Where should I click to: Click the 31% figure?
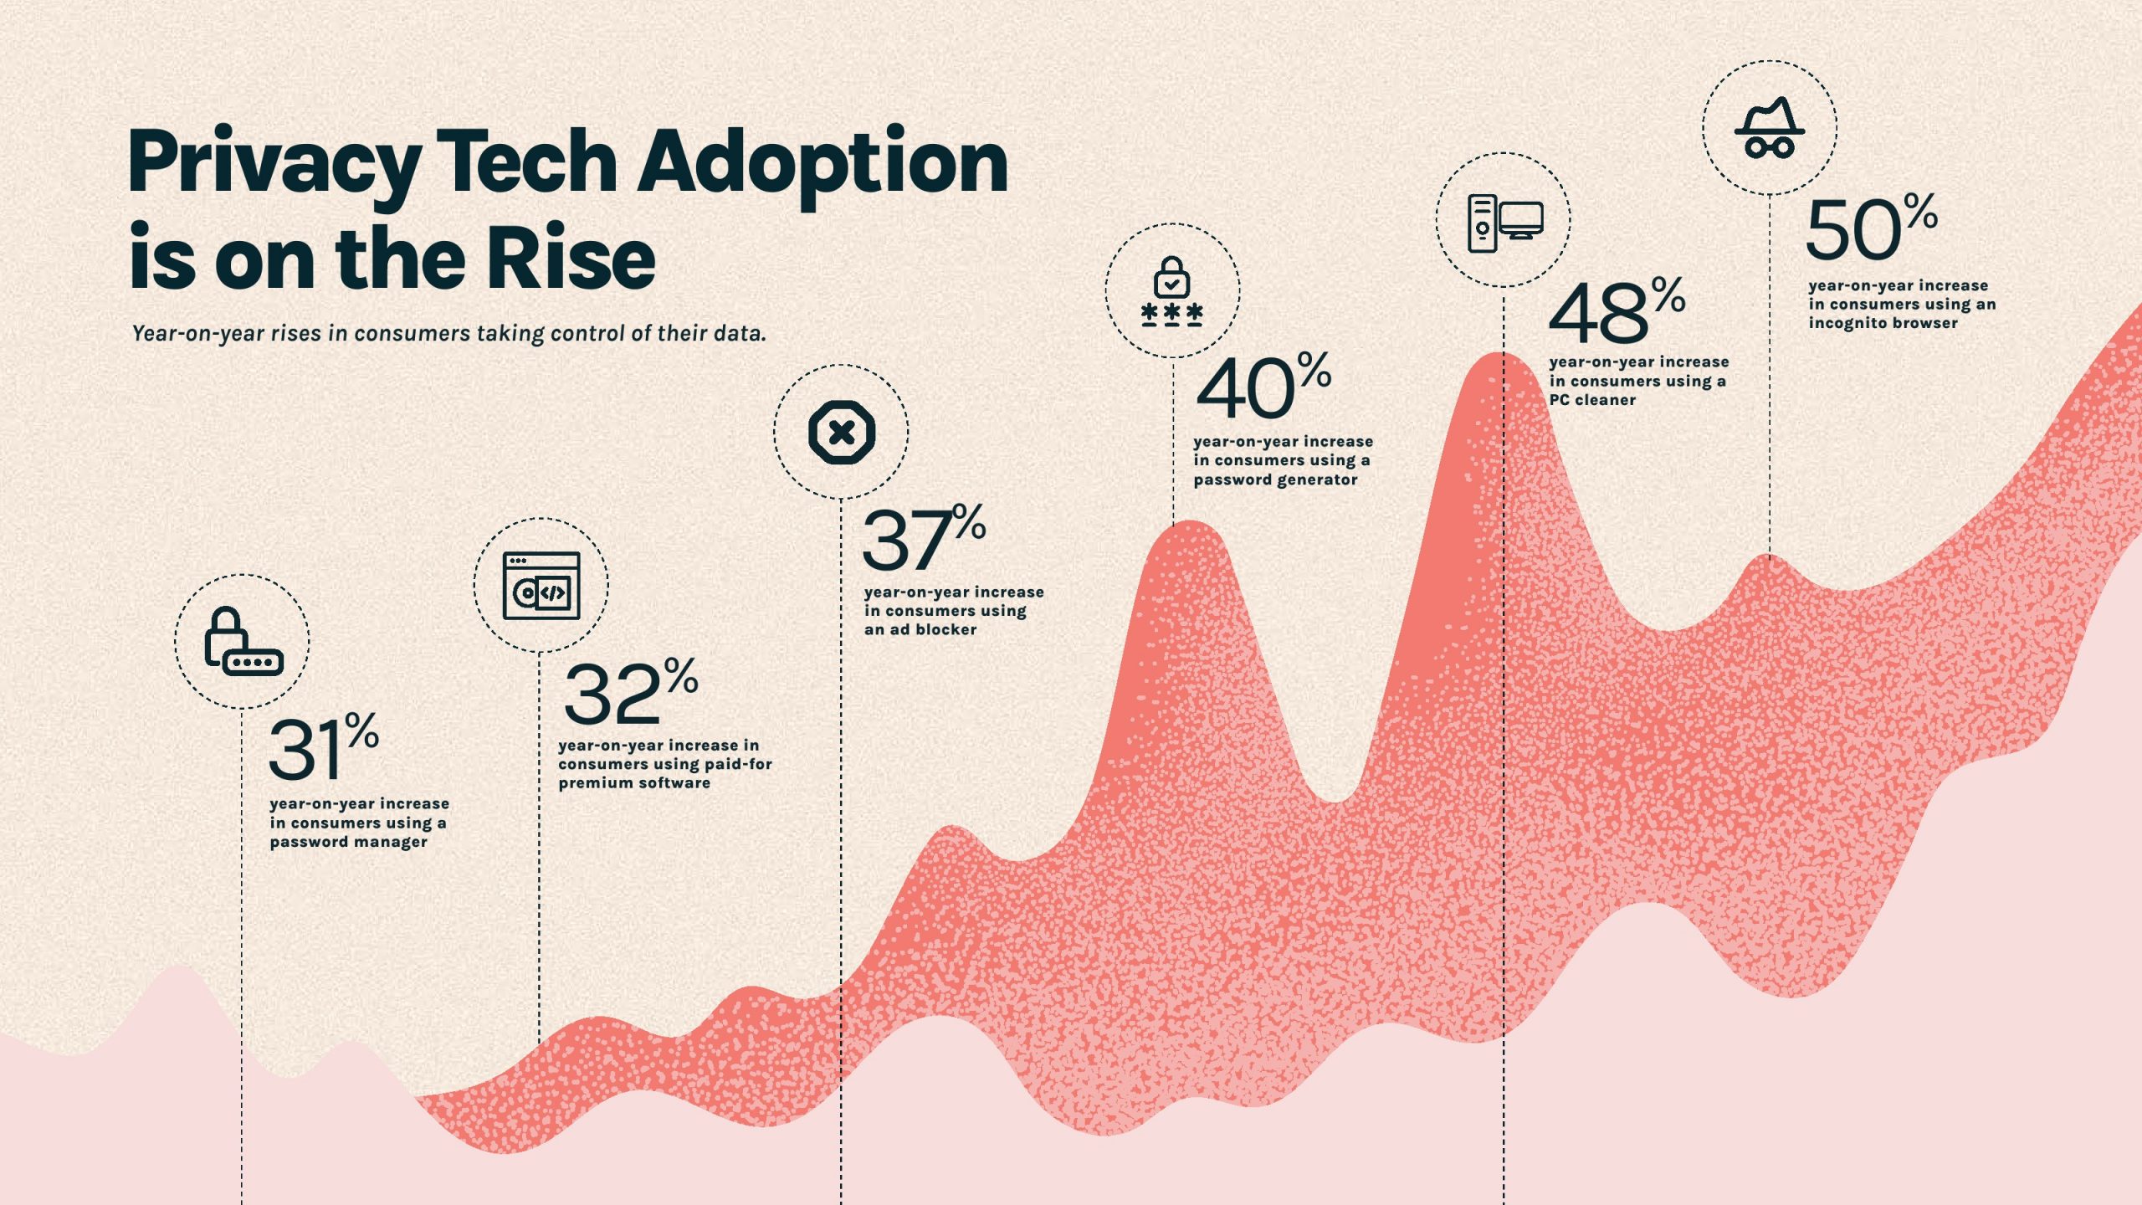(323, 747)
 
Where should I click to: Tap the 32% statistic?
(630, 692)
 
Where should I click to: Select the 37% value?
(923, 538)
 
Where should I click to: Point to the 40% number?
(1263, 387)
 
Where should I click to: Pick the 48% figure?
(1616, 311)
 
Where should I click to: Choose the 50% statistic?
(1871, 228)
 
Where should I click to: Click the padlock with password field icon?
(243, 641)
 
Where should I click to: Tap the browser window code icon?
(541, 586)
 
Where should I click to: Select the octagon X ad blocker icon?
(841, 433)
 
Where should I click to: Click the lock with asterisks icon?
(1172, 291)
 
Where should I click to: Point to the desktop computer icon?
(1504, 221)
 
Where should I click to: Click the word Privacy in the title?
(274, 163)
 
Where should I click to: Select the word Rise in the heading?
(571, 259)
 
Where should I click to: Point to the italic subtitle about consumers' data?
(448, 334)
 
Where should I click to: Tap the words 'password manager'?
(348, 842)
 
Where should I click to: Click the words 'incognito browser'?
(1883, 323)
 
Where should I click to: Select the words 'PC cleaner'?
(1591, 400)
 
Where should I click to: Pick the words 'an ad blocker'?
(920, 629)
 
